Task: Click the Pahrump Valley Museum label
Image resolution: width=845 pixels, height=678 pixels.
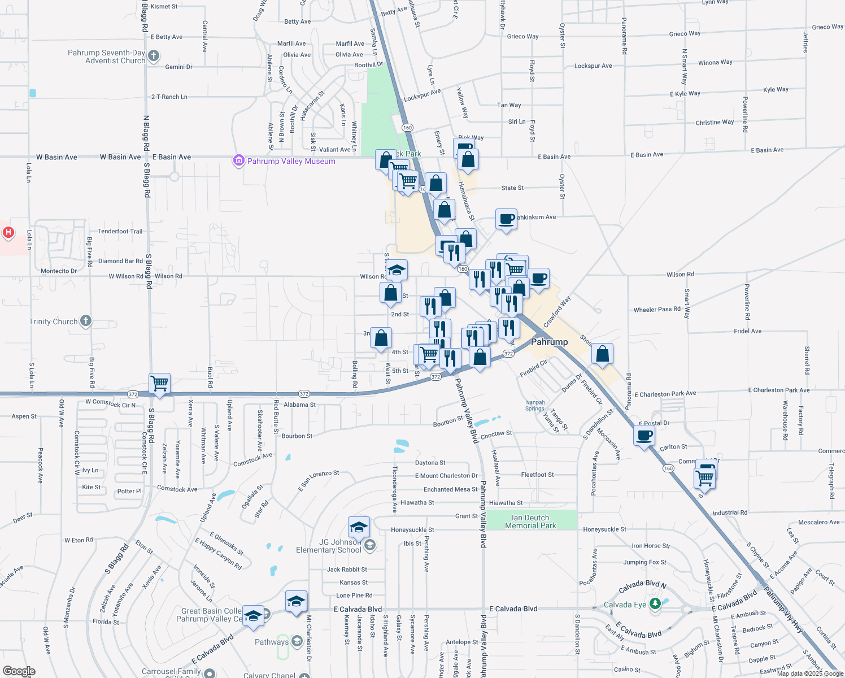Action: (291, 161)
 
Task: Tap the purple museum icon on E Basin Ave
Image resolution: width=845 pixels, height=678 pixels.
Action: (238, 161)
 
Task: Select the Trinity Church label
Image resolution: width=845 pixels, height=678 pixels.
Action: (53, 321)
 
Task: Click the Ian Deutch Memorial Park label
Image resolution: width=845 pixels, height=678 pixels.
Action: (530, 521)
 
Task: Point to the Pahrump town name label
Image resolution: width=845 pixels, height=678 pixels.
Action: (549, 342)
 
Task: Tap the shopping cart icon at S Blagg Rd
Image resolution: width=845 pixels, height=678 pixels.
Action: (160, 383)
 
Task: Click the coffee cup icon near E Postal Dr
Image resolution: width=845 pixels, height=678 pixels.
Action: (644, 436)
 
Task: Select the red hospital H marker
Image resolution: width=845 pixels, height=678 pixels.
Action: (8, 232)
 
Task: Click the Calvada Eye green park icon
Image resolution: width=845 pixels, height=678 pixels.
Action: (655, 604)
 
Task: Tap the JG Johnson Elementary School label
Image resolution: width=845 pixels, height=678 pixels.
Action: (328, 546)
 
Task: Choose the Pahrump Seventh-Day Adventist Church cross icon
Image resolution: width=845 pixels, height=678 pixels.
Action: (154, 56)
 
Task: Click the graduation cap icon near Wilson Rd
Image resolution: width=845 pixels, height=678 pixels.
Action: (397, 270)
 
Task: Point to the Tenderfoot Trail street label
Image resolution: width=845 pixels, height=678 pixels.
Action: (120, 231)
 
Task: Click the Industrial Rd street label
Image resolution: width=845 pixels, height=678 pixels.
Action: (729, 512)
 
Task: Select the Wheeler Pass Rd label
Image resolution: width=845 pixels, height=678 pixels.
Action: (657, 310)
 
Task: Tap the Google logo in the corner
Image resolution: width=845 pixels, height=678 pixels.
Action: (19, 671)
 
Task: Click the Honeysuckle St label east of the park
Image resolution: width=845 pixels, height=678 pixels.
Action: (604, 529)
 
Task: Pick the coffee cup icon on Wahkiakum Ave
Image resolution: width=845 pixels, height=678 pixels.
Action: (506, 218)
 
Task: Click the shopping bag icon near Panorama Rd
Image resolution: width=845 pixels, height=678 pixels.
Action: (602, 354)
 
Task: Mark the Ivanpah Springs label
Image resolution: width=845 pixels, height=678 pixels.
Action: (534, 405)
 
